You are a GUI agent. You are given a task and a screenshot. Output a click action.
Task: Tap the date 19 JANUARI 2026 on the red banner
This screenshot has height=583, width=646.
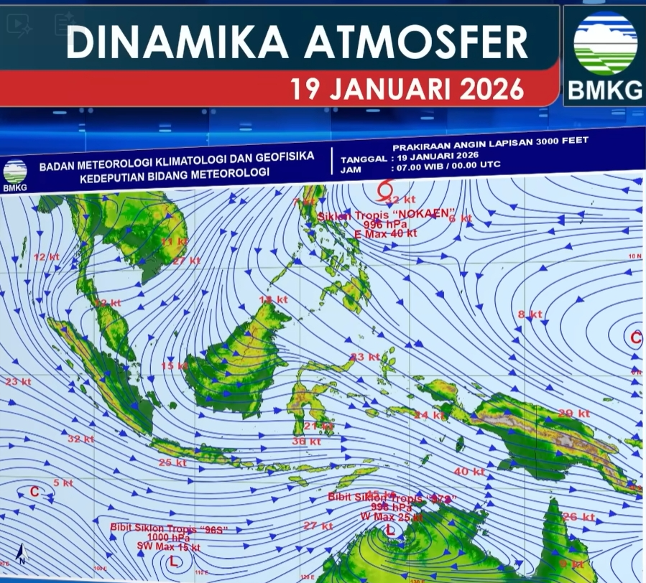pyautogui.click(x=407, y=90)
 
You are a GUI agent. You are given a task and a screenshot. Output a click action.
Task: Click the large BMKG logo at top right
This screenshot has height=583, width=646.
pyautogui.click(x=605, y=55)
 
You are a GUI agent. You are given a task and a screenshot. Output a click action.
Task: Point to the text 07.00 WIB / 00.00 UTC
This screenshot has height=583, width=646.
pyautogui.click(x=446, y=166)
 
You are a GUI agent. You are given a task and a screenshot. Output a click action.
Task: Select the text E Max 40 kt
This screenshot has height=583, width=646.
pyautogui.click(x=387, y=233)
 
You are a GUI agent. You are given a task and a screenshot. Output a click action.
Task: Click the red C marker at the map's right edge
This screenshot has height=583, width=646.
pyautogui.click(x=635, y=337)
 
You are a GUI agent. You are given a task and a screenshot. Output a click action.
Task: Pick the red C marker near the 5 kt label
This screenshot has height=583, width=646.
pyautogui.click(x=34, y=492)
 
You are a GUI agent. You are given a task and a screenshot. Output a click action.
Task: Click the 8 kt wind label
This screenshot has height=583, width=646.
pyautogui.click(x=530, y=314)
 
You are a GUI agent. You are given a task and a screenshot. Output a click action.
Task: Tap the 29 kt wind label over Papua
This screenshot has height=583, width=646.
pyautogui.click(x=573, y=413)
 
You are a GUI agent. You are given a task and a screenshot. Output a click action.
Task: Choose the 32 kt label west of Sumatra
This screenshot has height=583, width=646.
pyautogui.click(x=80, y=439)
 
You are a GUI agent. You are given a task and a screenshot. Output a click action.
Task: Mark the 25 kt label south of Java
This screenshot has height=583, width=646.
pyautogui.click(x=172, y=462)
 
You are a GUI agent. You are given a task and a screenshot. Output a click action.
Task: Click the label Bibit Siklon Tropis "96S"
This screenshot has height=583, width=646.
pyautogui.click(x=168, y=528)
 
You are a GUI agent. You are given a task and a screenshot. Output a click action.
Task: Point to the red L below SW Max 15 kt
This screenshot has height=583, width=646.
pyautogui.click(x=172, y=561)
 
